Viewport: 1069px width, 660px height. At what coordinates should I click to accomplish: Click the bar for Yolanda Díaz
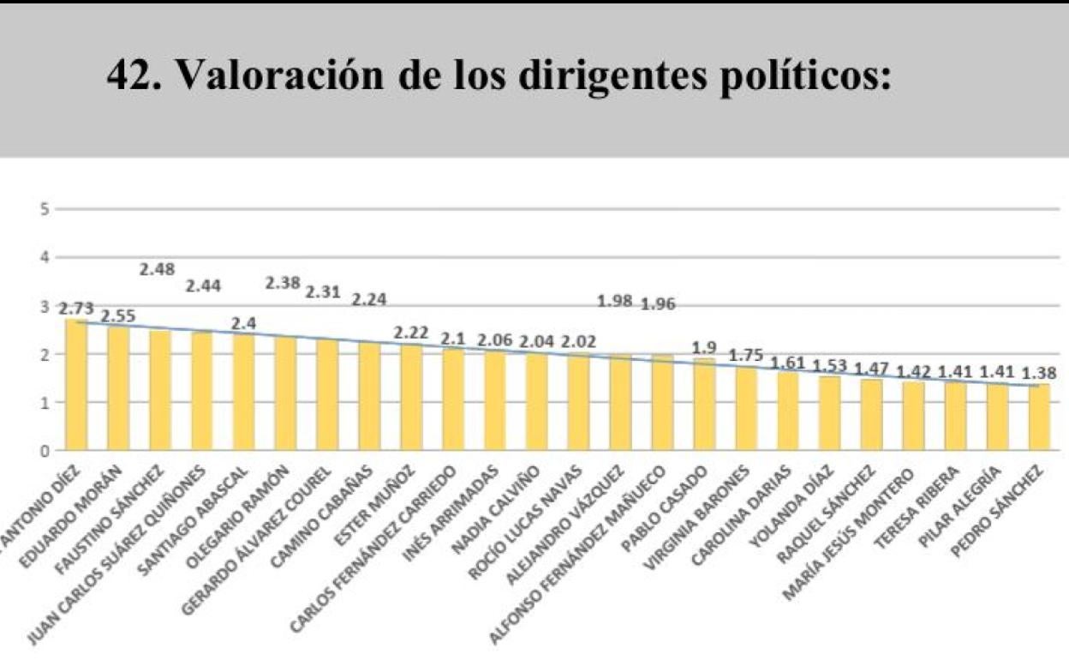point(829,412)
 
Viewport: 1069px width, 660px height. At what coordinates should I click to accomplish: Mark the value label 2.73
point(75,309)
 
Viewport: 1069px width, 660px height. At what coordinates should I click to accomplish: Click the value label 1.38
point(1039,373)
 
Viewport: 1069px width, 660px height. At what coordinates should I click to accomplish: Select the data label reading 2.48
point(158,269)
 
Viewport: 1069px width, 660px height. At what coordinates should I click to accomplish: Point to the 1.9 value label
point(704,347)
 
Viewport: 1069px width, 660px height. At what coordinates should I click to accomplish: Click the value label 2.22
point(411,332)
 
